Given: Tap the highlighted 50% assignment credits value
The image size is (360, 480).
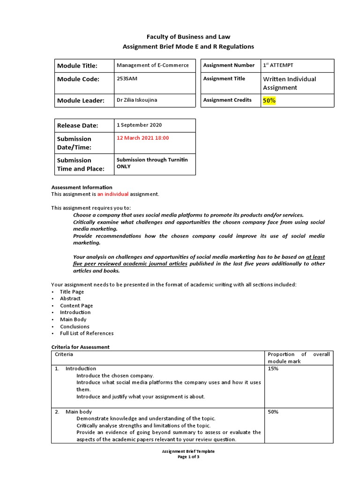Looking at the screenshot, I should tap(270, 100).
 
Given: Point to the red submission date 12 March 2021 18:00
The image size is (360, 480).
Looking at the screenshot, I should tap(142, 138).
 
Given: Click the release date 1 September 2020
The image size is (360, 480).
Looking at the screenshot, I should tap(140, 125).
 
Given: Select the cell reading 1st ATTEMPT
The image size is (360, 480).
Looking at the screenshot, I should tap(278, 65).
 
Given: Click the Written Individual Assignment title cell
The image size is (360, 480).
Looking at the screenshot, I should tap(289, 83).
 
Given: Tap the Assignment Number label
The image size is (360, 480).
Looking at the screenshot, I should tap(229, 65).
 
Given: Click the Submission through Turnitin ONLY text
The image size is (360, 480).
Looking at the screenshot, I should tap(152, 163).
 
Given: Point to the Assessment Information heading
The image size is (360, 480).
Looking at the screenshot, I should tap(82, 187).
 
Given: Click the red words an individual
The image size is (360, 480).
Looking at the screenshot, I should tap(112, 194).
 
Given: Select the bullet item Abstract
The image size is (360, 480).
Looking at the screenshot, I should tap(70, 299).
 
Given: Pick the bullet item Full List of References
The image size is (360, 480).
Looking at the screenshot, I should tap(87, 333).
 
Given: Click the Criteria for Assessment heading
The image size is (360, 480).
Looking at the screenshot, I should tap(80, 347).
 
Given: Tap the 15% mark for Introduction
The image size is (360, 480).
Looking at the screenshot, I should tap(273, 369).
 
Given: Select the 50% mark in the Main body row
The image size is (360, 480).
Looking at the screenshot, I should tap(273, 412).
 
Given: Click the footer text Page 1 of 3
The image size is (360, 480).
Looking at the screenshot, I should tap(188, 457).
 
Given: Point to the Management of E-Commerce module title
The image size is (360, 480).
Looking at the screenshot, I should tap(152, 65).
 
